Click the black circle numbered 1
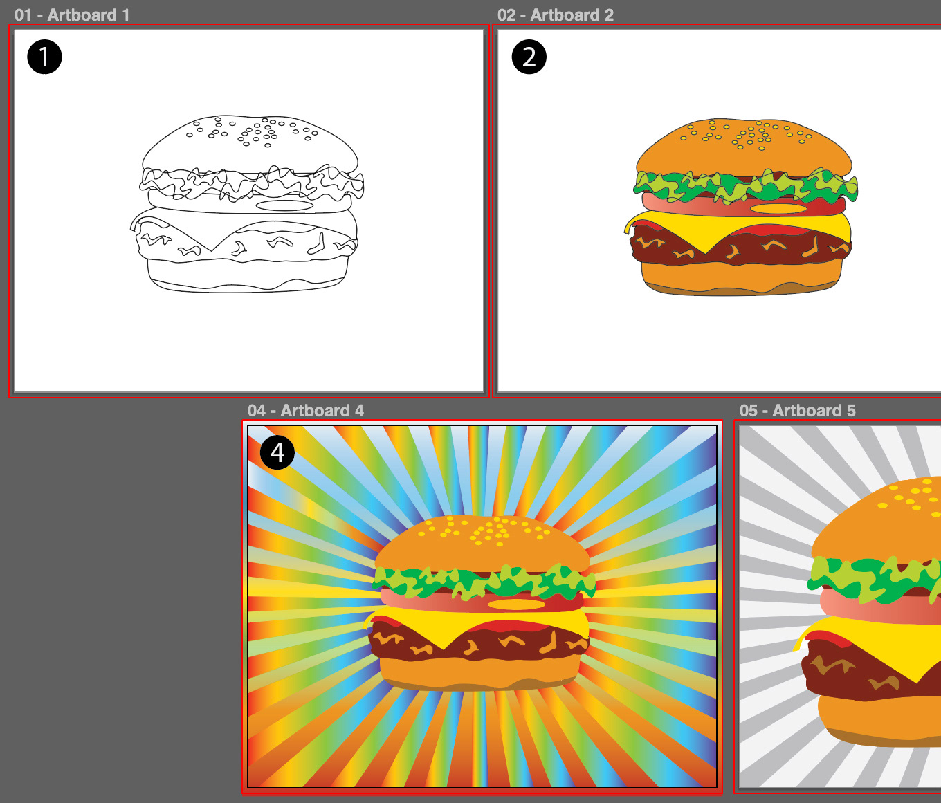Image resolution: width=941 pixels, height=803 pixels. [x=44, y=57]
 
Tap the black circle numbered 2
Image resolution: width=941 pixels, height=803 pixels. [x=529, y=57]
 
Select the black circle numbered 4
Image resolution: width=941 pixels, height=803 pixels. [x=277, y=452]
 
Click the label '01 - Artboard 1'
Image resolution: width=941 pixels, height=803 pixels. [x=72, y=15]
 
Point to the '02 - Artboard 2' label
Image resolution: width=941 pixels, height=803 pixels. [x=556, y=15]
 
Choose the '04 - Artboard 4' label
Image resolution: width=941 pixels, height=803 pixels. [x=305, y=410]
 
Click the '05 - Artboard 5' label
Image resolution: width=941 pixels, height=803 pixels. [x=798, y=410]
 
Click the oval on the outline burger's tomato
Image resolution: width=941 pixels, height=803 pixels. [x=284, y=205]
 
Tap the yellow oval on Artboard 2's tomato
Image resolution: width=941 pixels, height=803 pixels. [x=778, y=209]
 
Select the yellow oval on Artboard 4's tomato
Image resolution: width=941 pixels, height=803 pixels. [x=516, y=604]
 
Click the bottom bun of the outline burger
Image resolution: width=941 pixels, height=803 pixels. [x=247, y=275]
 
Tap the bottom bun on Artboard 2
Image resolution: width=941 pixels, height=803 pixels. [x=740, y=279]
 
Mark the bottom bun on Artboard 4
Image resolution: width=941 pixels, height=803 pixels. [x=479, y=674]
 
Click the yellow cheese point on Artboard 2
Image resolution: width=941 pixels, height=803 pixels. [x=705, y=252]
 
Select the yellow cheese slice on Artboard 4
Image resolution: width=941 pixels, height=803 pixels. [x=479, y=623]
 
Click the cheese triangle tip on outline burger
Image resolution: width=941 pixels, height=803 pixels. [x=212, y=250]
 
